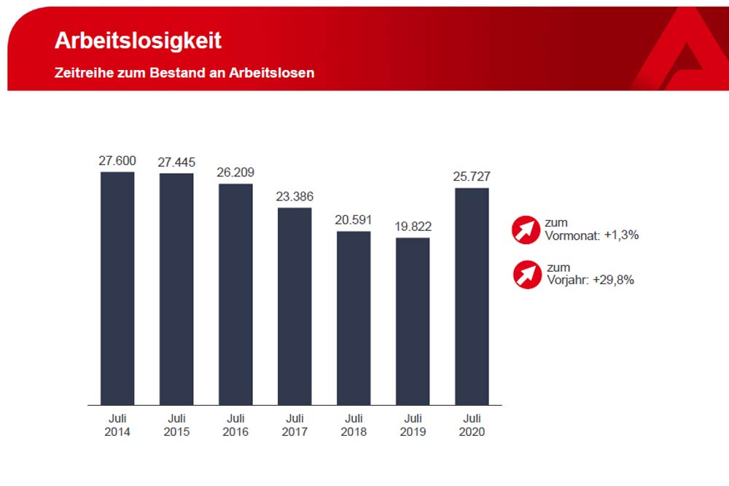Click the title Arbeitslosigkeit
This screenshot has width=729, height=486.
[138, 41]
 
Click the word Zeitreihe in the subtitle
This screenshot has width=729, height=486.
[81, 73]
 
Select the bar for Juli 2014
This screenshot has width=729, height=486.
[117, 288]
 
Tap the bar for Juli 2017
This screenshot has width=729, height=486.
[295, 306]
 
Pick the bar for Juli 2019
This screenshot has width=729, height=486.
[413, 321]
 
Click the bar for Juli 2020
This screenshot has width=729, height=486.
[472, 296]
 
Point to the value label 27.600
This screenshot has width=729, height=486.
[117, 160]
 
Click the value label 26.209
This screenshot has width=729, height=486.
[235, 173]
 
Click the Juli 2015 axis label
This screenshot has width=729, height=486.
[176, 425]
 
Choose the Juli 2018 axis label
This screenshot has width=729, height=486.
[354, 425]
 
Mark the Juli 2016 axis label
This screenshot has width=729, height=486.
[235, 425]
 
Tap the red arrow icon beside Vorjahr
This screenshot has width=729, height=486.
[527, 274]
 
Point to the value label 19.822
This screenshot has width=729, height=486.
[413, 227]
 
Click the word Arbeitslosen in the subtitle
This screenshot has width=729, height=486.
[277, 73]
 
